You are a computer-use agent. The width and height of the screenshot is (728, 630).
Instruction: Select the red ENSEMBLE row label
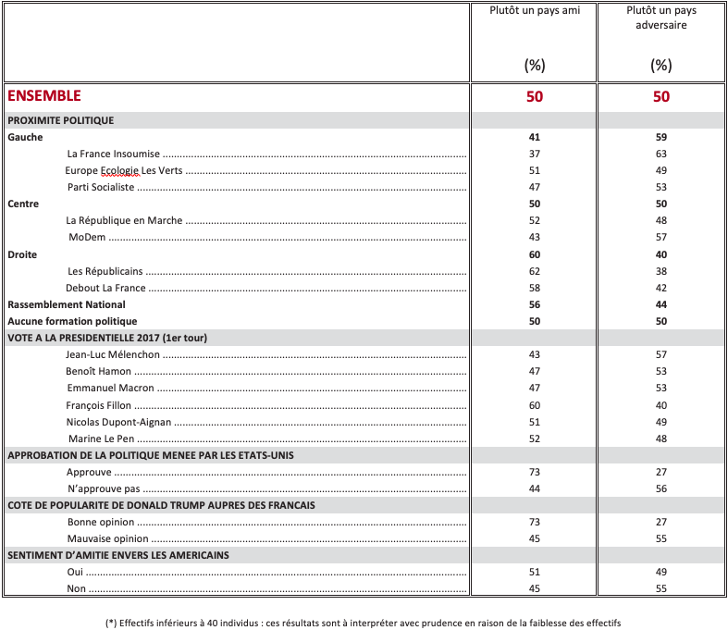(x=44, y=95)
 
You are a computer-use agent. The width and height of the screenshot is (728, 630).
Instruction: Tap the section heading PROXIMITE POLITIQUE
(x=61, y=120)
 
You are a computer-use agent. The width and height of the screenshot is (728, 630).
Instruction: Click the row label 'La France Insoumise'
(x=114, y=154)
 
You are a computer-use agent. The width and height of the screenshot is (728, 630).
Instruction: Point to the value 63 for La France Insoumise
(x=660, y=154)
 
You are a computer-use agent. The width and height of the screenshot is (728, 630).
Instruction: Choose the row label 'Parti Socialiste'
(x=101, y=187)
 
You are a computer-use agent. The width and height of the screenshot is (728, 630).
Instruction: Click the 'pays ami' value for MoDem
(x=535, y=238)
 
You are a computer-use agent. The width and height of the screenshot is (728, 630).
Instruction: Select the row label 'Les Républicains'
(x=105, y=271)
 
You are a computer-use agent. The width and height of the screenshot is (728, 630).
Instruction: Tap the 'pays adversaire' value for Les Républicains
(x=660, y=271)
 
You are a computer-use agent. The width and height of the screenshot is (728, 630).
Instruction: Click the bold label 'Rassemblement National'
(x=67, y=304)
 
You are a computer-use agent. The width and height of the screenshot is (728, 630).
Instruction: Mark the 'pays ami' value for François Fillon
(x=535, y=405)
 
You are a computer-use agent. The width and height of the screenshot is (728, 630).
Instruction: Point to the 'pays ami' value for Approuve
(x=535, y=472)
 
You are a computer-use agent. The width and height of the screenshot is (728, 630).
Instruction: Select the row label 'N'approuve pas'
(x=103, y=488)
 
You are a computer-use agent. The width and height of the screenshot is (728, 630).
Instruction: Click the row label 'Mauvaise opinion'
(x=107, y=538)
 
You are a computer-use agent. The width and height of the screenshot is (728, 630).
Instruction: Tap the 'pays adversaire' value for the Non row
(x=660, y=589)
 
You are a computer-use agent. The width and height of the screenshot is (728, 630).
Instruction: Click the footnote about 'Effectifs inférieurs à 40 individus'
(x=364, y=623)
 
